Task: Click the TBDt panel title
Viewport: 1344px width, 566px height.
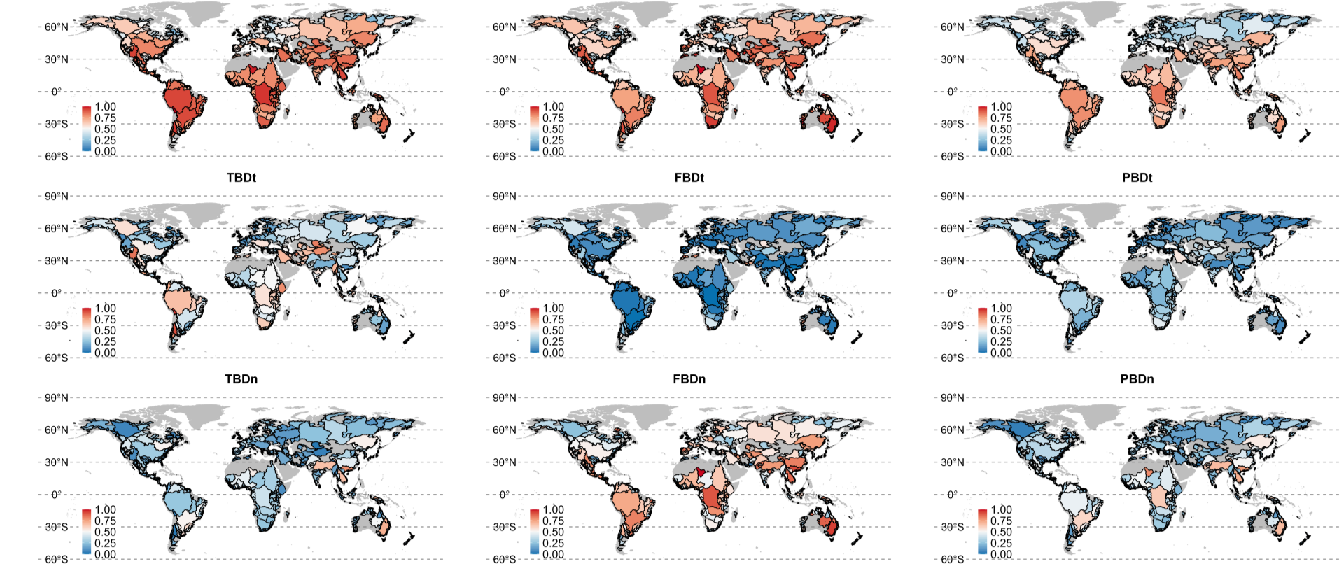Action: pos(241,178)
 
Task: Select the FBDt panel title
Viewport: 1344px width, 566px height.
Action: pos(689,178)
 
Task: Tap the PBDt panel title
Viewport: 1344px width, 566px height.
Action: pos(1137,178)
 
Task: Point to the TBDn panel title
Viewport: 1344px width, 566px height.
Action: pos(241,379)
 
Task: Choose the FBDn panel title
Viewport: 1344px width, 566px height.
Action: pos(689,379)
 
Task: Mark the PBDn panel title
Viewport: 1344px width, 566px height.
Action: pos(1137,379)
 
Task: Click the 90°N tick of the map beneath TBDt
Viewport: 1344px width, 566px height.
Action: pos(56,197)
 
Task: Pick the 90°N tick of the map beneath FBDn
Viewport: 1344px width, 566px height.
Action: pos(504,398)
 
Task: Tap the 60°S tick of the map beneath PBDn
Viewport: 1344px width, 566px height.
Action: pos(952,559)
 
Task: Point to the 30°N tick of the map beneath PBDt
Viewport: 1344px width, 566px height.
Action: pos(952,261)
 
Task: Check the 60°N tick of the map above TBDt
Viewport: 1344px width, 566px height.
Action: pos(56,27)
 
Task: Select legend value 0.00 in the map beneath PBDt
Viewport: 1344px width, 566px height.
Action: pos(1002,353)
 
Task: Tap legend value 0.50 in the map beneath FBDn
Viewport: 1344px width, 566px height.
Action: pos(554,532)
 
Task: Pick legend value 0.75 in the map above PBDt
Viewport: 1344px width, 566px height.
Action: pos(1002,118)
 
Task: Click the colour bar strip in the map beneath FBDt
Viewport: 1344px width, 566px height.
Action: pos(534,330)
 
